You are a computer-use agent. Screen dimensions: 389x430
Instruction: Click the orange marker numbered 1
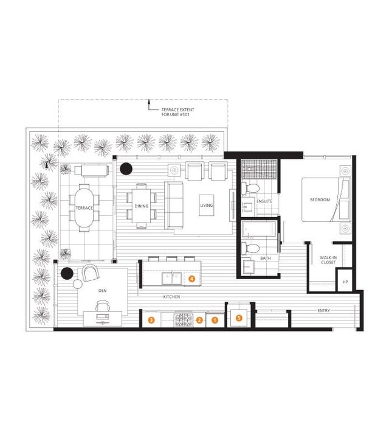coord(215,320)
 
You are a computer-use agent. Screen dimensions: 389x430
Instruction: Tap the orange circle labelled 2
coord(199,320)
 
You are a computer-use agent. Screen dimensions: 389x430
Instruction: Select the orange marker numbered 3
coord(151,320)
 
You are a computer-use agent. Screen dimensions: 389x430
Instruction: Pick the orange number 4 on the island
coord(192,279)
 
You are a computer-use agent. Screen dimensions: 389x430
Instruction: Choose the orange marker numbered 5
coord(239,318)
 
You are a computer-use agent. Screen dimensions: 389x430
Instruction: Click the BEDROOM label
coord(320,200)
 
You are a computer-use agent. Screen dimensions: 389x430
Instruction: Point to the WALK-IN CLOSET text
coord(328,260)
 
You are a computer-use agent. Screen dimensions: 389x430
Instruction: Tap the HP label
coord(345,282)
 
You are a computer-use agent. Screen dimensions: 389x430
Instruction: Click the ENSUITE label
coord(264,201)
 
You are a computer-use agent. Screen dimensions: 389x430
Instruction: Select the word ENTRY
coord(323,310)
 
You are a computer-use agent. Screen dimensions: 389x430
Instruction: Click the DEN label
coord(103,291)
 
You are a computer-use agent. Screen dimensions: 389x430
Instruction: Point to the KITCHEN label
coord(171,297)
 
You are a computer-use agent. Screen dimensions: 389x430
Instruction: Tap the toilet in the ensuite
coord(250,189)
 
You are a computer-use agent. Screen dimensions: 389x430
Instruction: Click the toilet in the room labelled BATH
coord(250,249)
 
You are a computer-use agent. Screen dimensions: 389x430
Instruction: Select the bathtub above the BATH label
coord(258,229)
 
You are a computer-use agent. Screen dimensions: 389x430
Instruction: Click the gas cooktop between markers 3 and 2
coord(184,320)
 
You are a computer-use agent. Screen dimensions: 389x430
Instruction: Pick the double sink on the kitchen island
coord(172,279)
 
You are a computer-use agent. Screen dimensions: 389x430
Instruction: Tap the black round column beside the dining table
coord(126,169)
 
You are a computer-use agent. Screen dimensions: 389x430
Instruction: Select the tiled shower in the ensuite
coord(259,169)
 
